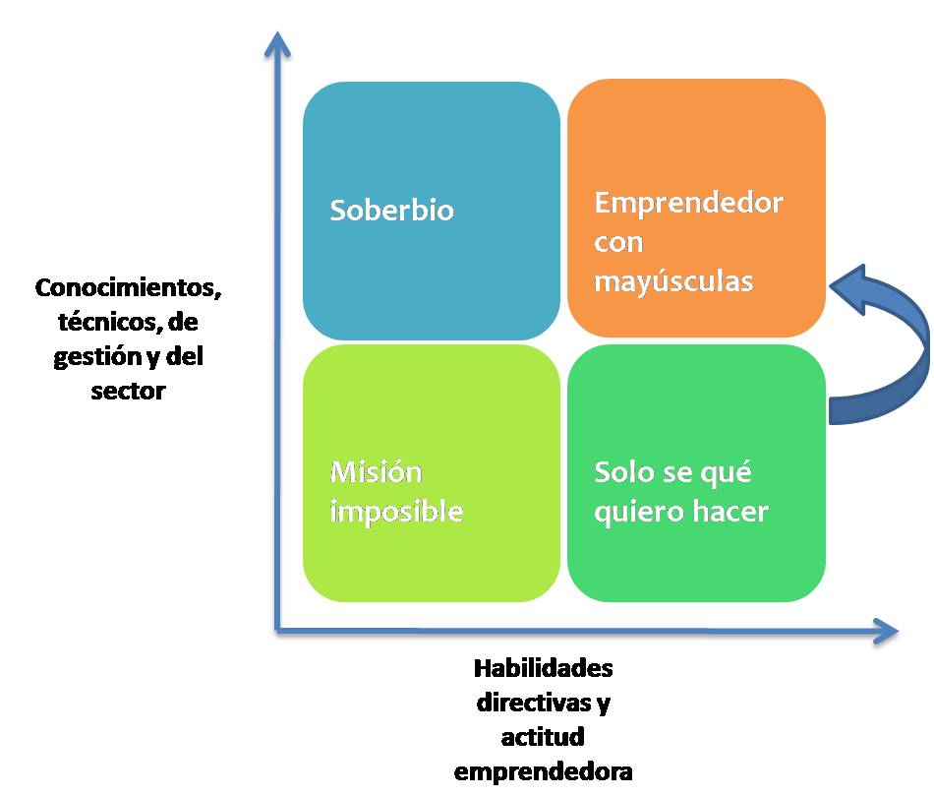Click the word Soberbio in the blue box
391,211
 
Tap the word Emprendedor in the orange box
688,204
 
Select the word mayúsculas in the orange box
673,281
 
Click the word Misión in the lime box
376,472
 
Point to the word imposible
395,512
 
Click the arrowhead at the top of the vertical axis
279,44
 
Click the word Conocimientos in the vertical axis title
128,289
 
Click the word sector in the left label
129,391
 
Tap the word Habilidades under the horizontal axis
543,669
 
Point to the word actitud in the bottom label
543,736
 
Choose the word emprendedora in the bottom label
543,769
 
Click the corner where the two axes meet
279,631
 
